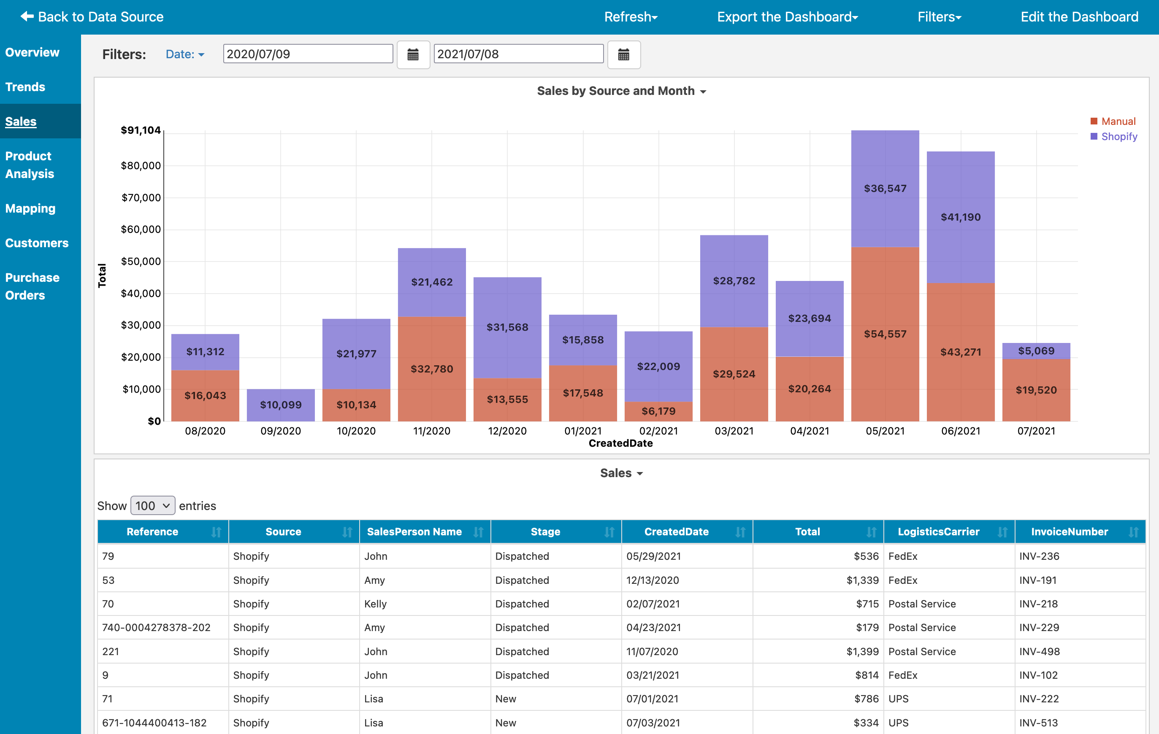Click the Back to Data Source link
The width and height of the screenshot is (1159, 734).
[x=92, y=17]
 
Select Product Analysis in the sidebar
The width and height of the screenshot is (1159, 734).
[x=30, y=165]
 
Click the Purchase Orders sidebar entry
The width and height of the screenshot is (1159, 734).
[x=32, y=286]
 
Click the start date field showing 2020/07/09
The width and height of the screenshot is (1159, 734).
[x=308, y=54]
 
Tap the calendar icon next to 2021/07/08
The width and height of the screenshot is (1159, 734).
[x=623, y=55]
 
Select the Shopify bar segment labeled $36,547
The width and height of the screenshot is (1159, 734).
[x=885, y=189]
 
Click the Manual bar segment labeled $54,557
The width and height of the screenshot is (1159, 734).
[x=885, y=334]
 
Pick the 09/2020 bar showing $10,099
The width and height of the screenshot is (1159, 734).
[x=281, y=405]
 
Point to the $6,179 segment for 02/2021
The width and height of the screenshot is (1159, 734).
[x=658, y=411]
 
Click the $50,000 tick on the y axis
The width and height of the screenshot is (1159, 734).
[x=141, y=261]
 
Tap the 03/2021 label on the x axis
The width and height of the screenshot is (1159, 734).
[x=734, y=431]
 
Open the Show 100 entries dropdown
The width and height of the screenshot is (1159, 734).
[x=152, y=505]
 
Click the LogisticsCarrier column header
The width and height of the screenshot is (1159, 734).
[x=938, y=532]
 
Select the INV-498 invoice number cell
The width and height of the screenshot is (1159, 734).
[x=1039, y=651]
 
